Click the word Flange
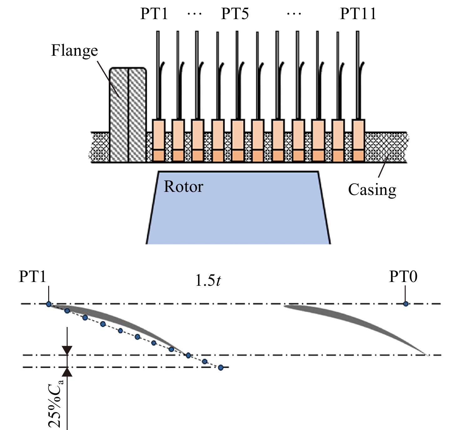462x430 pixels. pos(74,50)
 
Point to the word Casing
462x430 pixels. pos(372,190)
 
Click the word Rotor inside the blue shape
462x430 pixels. pos(183,187)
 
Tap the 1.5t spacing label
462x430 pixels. pos(208,280)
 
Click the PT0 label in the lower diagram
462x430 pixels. pos(403,277)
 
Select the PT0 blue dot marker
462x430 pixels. pos(406,304)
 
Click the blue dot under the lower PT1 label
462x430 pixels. pos(49,304)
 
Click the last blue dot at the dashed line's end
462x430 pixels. pos(221,368)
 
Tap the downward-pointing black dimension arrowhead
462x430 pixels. pos(67,351)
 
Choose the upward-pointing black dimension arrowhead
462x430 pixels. pos(67,372)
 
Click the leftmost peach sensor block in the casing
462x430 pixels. pos(159,140)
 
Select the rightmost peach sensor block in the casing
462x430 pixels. pos(358,140)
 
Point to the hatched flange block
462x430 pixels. pos(128,115)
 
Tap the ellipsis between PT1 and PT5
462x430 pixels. pos(194,14)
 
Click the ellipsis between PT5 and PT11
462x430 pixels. pos(294,14)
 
